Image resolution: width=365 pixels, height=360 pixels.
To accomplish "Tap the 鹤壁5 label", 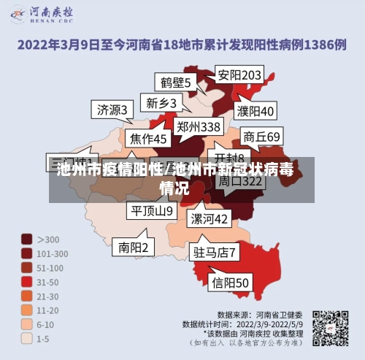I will pyautogui.click(x=175, y=83).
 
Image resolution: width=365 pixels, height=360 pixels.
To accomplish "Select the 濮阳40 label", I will pyautogui.click(x=255, y=111).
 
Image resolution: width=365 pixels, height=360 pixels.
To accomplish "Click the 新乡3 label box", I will pyautogui.click(x=161, y=102).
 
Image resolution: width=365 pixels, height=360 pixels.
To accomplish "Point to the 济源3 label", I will pyautogui.click(x=112, y=110).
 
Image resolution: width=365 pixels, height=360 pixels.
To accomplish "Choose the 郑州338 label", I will pyautogui.click(x=199, y=126).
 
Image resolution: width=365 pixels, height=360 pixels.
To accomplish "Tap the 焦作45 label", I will pyautogui.click(x=149, y=138).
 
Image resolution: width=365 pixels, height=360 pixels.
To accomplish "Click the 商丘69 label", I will pyautogui.click(x=261, y=136).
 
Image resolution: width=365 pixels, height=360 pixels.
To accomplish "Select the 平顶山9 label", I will pyautogui.click(x=152, y=211).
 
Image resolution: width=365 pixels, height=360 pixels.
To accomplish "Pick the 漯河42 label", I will pyautogui.click(x=210, y=218).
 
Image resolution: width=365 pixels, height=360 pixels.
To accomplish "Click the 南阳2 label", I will pyautogui.click(x=134, y=248).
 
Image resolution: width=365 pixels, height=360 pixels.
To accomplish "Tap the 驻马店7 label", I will pyautogui.click(x=215, y=253).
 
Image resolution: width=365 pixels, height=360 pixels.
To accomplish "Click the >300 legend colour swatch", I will pyautogui.click(x=26, y=239).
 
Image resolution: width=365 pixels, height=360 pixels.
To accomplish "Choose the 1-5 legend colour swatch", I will pyautogui.click(x=26, y=338).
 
